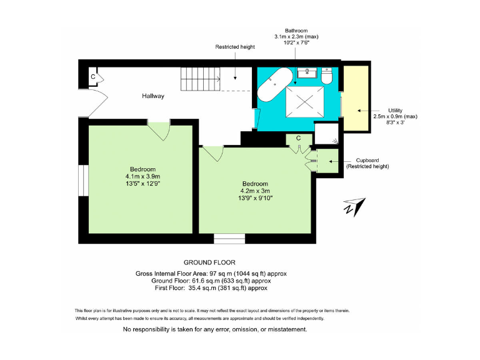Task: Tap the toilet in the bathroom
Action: tap(326, 76)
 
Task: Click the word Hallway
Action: tap(153, 96)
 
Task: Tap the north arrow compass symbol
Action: tap(354, 207)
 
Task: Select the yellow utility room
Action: tap(356, 97)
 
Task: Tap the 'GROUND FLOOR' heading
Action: tap(209, 262)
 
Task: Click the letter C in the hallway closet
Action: tap(92, 76)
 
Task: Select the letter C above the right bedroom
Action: tap(298, 138)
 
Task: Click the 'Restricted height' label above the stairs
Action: tap(235, 47)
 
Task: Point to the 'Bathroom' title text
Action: tap(296, 31)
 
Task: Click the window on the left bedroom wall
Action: tap(82, 180)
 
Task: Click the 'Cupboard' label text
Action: tap(367, 160)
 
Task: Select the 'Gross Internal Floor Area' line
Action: tap(211, 274)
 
